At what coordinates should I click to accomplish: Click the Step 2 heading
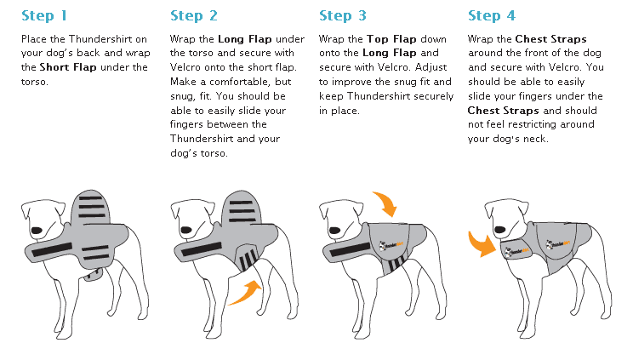tap(194, 15)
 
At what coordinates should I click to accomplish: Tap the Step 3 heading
tap(343, 15)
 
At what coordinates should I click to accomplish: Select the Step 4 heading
tap(492, 15)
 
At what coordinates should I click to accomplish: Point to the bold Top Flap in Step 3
tap(389, 39)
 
